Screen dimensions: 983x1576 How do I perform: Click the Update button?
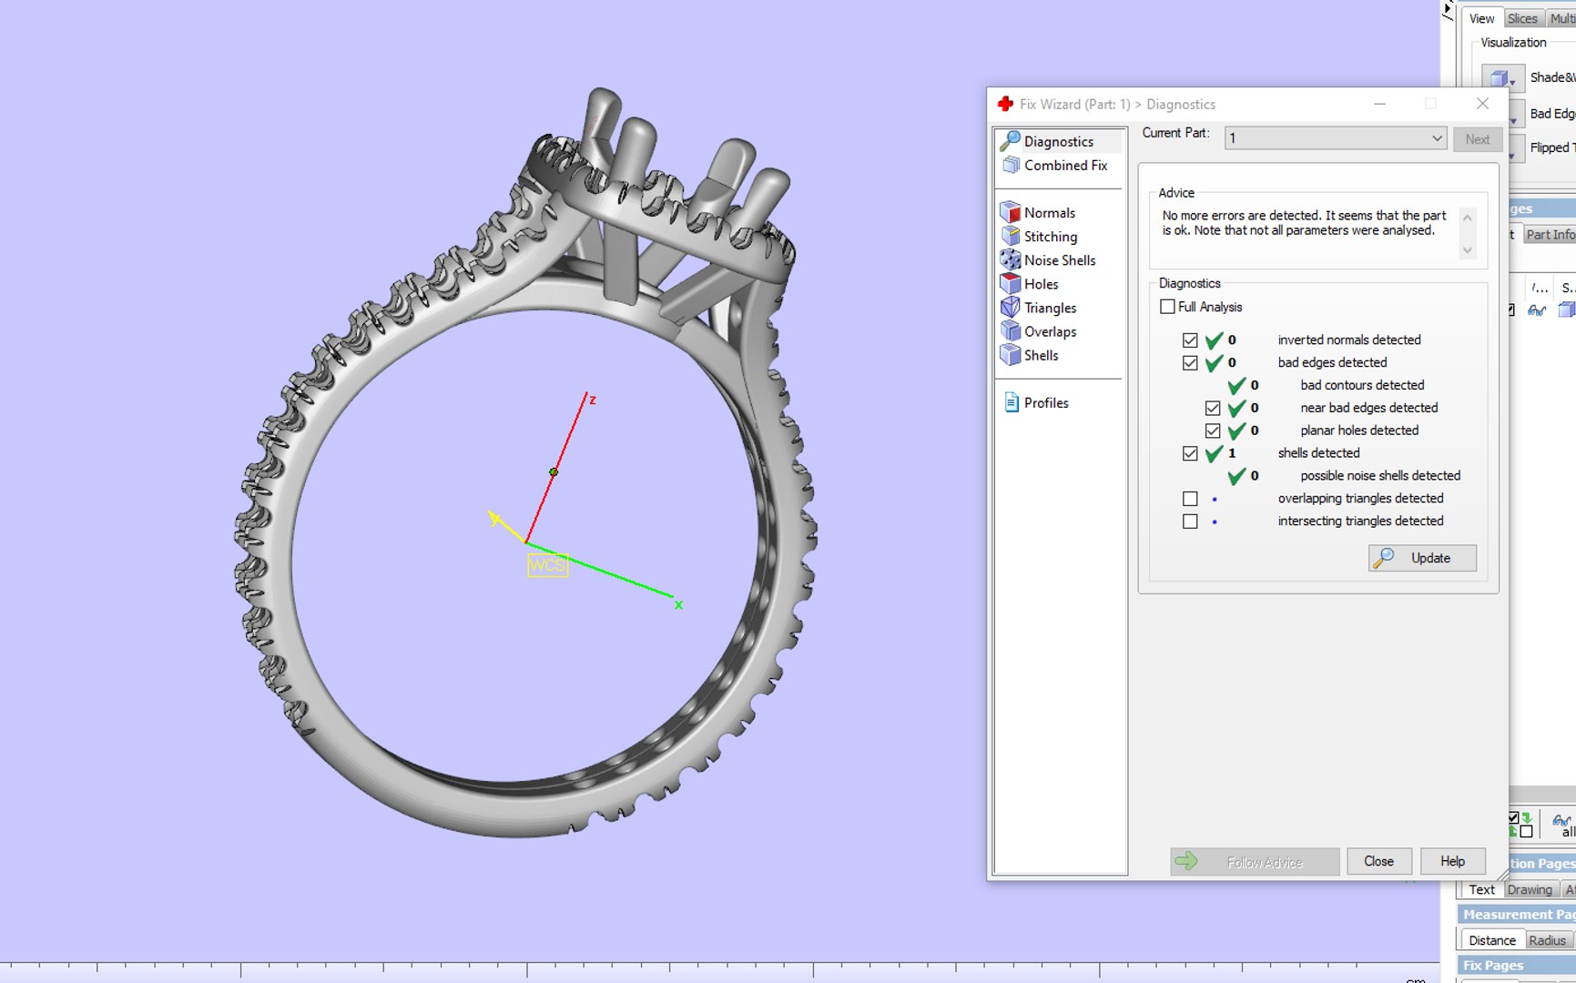(1422, 558)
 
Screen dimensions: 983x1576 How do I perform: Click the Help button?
(1452, 861)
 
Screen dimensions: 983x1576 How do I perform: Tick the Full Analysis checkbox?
(1167, 307)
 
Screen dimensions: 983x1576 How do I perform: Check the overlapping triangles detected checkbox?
(1190, 499)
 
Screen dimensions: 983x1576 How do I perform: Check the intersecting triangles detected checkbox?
(1190, 522)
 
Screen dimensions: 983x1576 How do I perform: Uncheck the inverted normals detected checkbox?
(1190, 340)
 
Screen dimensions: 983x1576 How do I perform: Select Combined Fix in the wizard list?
(1064, 166)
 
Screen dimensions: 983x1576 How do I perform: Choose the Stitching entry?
(1050, 237)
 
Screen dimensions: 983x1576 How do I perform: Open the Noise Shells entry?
(1059, 260)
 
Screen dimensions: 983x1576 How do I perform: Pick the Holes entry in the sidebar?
(1041, 284)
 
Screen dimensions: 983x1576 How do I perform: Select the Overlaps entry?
(1050, 332)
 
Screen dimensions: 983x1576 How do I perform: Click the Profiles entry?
(1045, 403)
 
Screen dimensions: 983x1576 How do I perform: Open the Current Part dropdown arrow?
(1436, 138)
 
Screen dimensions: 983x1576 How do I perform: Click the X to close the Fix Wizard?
(1482, 104)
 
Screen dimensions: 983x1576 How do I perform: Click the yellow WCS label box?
(547, 565)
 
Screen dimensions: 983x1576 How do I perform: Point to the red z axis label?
(592, 400)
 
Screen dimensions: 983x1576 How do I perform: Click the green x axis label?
(678, 605)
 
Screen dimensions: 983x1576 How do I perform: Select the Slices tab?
(1521, 18)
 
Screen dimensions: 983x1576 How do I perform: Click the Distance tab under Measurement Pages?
(1491, 940)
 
